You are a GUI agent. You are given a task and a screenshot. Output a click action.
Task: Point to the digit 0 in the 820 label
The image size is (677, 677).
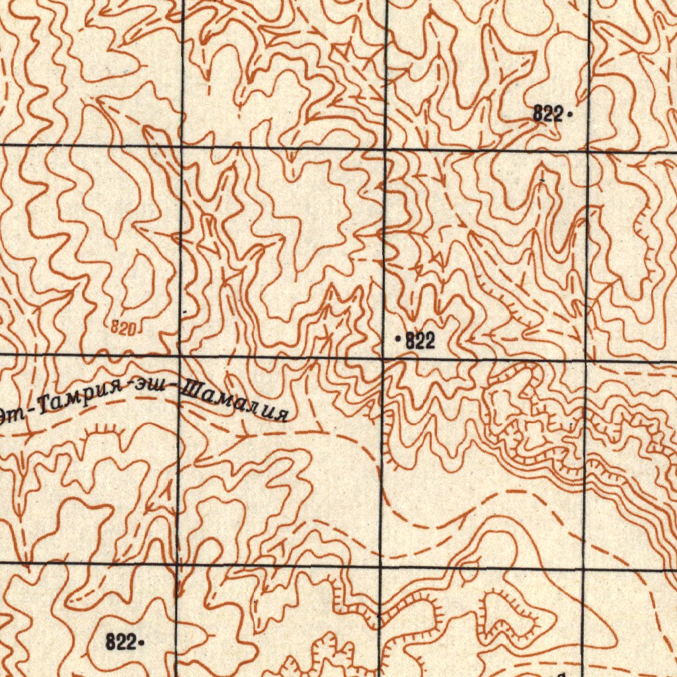point(132,329)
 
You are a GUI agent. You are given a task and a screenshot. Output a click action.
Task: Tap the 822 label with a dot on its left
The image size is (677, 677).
point(420,341)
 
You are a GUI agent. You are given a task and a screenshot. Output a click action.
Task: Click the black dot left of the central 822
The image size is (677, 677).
point(398,340)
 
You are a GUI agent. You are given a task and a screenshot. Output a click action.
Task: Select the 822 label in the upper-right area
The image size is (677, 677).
point(547,114)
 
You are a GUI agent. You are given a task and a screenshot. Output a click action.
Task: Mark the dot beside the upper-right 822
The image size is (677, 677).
point(569,115)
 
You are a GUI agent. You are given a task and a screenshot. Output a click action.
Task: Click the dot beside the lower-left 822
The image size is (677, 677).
point(141,641)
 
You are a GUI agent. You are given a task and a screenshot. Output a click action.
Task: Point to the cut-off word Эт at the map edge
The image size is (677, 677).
point(12,416)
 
